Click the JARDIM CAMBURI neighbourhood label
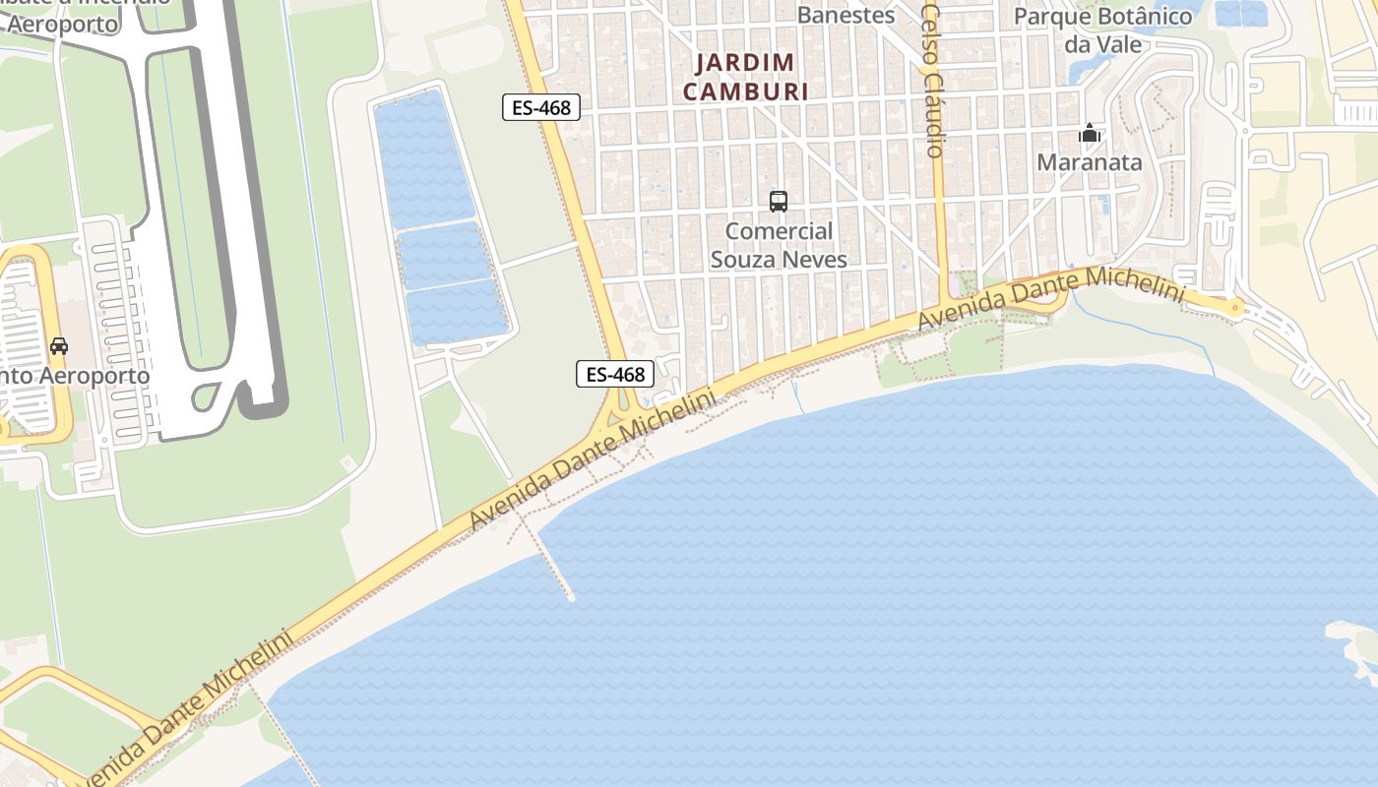(745, 77)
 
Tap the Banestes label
(846, 15)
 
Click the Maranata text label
(1089, 162)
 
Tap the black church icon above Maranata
(1090, 133)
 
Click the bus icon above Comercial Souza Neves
(779, 202)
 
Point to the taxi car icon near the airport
(59, 346)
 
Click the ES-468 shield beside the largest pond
(540, 107)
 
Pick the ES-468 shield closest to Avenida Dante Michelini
(615, 374)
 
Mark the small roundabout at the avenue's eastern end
(1236, 308)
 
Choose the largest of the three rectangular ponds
(424, 157)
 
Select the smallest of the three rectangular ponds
(459, 313)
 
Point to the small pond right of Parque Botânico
(1240, 13)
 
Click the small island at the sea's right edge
(1354, 644)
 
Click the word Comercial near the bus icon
(779, 232)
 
